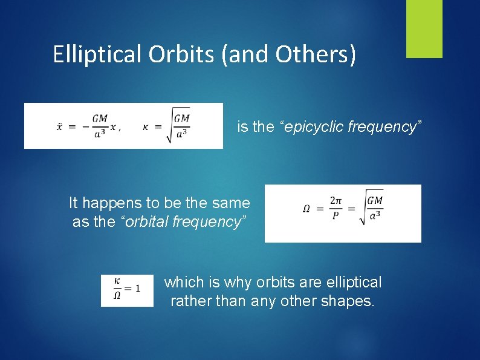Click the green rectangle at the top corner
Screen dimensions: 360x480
tap(424, 28)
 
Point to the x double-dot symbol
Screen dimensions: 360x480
tap(59, 127)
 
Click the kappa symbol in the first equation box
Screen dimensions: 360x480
tap(145, 127)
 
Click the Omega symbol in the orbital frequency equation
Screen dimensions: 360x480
tap(306, 209)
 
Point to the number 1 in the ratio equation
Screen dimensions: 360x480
tap(138, 289)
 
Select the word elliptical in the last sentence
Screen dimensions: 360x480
tap(354, 283)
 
